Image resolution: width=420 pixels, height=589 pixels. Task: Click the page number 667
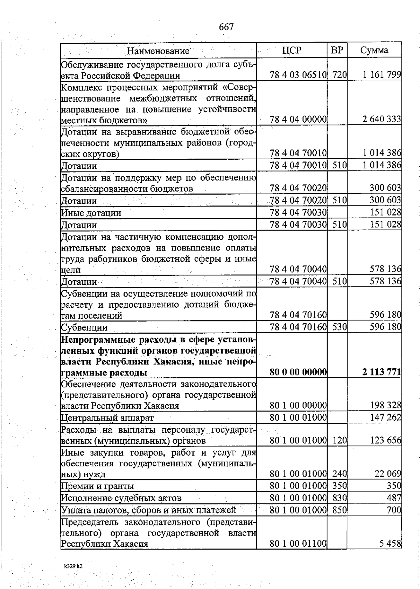click(x=226, y=27)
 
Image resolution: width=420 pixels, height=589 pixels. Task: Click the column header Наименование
click(x=158, y=51)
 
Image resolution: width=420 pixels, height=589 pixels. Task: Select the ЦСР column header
click(x=292, y=50)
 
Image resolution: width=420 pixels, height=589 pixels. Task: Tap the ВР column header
click(x=337, y=50)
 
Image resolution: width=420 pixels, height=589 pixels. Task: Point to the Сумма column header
click(x=374, y=50)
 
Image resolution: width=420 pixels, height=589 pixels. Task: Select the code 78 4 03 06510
click(x=298, y=75)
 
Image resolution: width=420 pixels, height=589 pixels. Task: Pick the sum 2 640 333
click(x=381, y=119)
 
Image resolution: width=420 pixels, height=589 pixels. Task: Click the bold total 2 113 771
click(x=381, y=372)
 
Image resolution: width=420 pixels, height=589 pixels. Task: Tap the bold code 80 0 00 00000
click(x=298, y=372)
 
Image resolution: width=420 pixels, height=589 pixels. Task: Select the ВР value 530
click(x=339, y=327)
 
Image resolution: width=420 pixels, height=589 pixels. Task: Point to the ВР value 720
click(x=339, y=75)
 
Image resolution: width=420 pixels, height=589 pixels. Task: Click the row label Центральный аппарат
click(x=107, y=417)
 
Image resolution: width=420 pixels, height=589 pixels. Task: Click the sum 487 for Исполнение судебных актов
click(x=394, y=498)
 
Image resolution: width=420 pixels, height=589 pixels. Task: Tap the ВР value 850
click(x=339, y=510)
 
